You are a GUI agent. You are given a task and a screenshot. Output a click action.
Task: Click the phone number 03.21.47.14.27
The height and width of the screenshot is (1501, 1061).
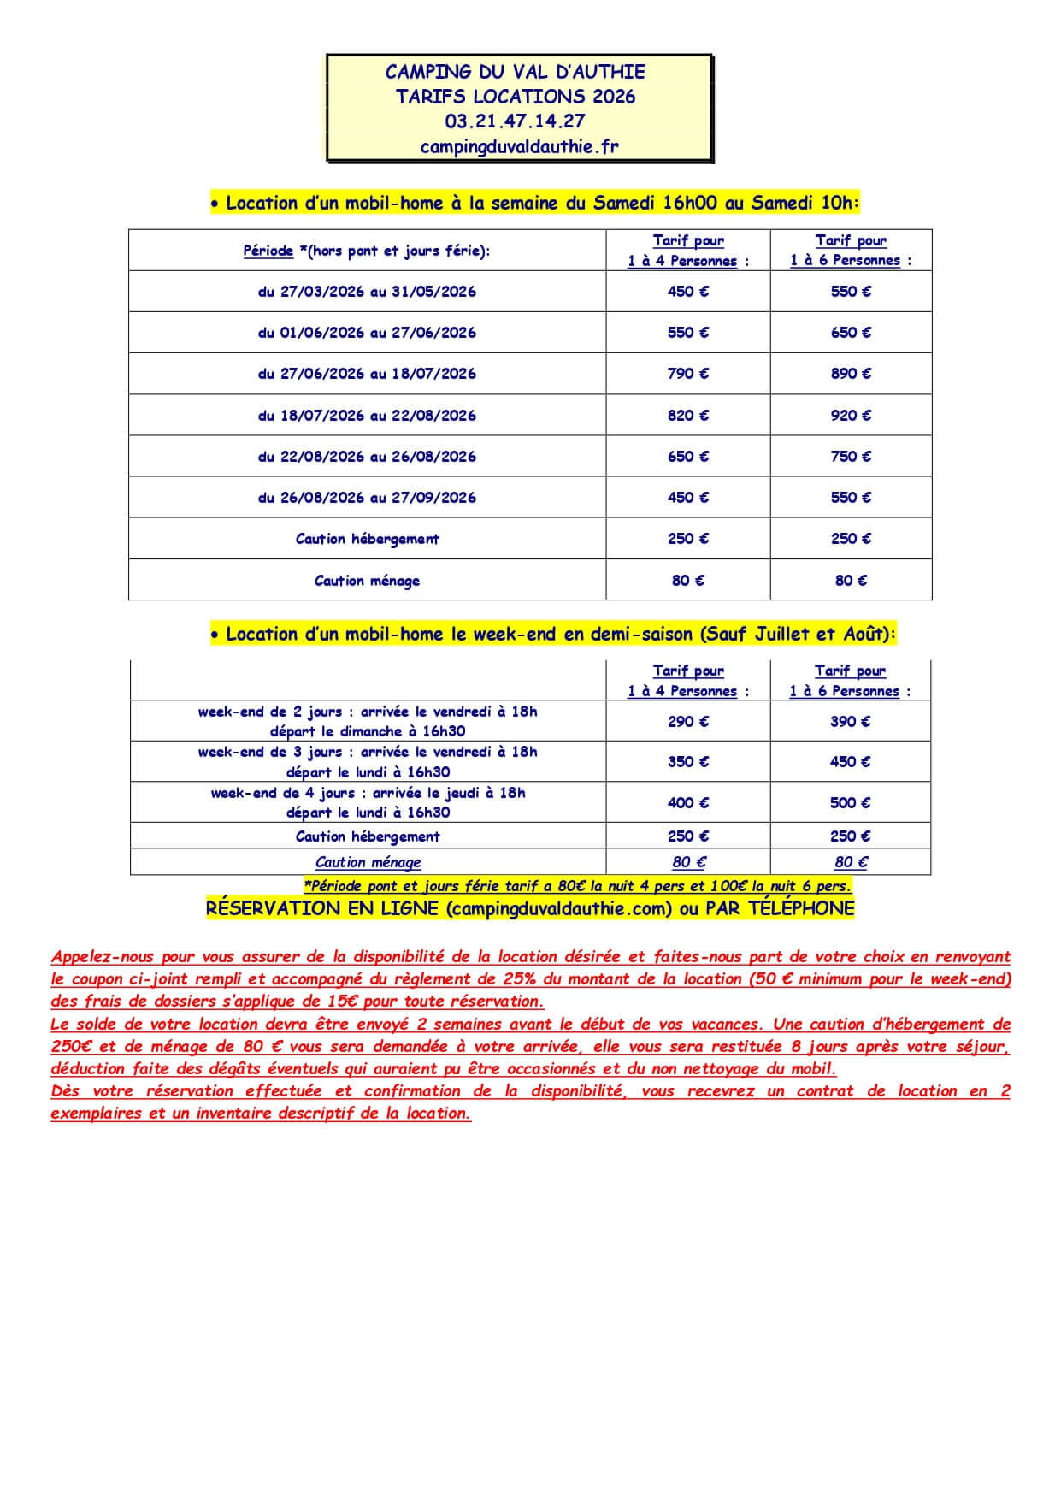coord(515,121)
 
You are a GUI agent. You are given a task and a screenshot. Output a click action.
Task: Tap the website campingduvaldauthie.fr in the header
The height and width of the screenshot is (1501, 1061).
coord(519,146)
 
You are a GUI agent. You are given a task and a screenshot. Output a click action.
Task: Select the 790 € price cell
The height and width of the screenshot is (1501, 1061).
coord(687,374)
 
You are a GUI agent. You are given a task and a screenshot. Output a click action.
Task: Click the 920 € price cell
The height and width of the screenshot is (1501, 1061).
coord(851,416)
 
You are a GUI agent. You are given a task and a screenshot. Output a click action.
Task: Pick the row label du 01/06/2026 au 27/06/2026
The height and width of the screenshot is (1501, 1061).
coord(367,333)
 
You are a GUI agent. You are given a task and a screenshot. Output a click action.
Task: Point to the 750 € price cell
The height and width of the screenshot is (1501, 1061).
coord(851,457)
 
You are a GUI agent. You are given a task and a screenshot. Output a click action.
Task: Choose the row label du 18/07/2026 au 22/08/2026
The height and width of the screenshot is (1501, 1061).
coord(367,416)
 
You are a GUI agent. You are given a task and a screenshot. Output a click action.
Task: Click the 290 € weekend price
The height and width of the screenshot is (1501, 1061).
coord(687,722)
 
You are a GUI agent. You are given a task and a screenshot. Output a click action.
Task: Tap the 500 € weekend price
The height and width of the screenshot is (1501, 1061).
coord(850,802)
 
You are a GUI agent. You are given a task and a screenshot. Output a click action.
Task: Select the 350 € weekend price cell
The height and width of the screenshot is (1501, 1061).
coord(687,762)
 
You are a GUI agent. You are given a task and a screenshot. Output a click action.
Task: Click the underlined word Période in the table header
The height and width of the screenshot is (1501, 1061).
coord(268,251)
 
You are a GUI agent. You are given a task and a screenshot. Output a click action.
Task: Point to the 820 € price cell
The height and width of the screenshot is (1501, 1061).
coord(687,416)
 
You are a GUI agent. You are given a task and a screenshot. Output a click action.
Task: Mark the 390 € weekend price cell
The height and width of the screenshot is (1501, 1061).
coord(850,722)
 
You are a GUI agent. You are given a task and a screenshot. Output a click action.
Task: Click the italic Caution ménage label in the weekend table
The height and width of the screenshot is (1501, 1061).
coord(368,862)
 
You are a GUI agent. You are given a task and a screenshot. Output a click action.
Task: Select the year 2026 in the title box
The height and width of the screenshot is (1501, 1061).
coord(614,97)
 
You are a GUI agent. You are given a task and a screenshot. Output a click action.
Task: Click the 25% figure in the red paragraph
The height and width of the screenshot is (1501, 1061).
coord(518,979)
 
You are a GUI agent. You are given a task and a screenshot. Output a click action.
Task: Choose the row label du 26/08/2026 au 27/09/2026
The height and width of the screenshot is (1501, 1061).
coord(367,498)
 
